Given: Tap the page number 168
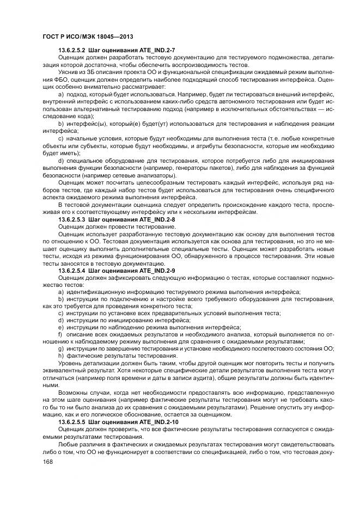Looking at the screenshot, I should (48, 462).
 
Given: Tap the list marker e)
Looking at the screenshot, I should (61, 328).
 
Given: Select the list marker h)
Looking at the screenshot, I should (61, 354).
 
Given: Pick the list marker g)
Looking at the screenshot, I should (61, 348).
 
